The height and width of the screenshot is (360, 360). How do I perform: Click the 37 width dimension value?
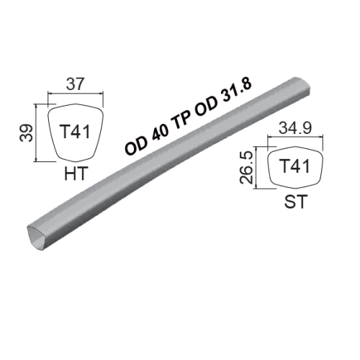pyautogui.click(x=76, y=84)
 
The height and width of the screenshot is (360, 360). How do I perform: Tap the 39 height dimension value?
pyautogui.click(x=27, y=132)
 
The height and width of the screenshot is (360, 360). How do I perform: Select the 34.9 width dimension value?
pyautogui.click(x=295, y=127)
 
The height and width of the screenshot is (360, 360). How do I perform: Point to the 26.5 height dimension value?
pyautogui.click(x=246, y=168)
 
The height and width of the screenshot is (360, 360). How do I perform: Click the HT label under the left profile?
pyautogui.click(x=75, y=174)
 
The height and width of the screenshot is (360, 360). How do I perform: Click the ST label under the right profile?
pyautogui.click(x=296, y=202)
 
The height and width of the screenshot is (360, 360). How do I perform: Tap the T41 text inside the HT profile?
pyautogui.click(x=76, y=132)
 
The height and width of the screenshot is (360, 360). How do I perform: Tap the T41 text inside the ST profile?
pyautogui.click(x=295, y=166)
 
